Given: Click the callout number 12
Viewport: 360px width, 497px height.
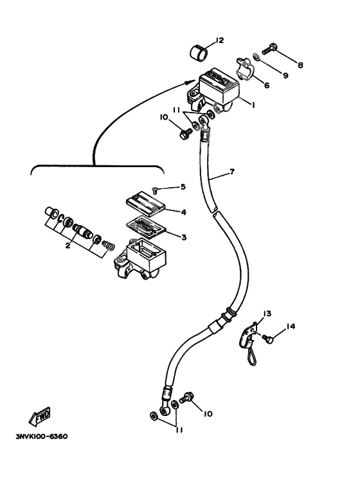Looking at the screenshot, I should [220, 41].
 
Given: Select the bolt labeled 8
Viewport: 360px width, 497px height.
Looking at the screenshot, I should [271, 48].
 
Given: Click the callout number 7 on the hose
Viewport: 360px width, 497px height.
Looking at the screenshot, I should [232, 172].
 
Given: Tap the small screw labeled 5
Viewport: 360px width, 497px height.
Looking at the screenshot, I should [157, 189].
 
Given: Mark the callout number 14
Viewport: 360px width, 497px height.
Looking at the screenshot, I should [291, 327].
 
